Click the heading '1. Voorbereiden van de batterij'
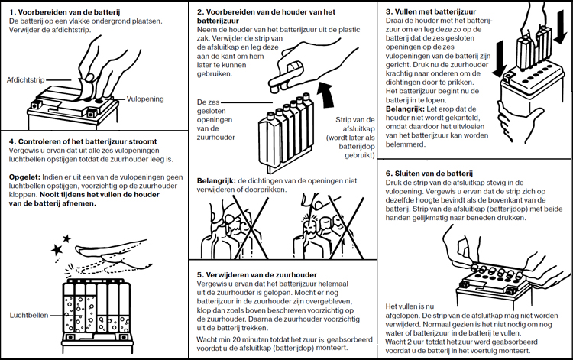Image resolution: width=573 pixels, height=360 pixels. point(60,11)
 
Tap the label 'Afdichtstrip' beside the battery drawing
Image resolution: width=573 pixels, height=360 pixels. point(25,79)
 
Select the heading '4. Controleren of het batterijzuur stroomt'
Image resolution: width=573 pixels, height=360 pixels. point(83,141)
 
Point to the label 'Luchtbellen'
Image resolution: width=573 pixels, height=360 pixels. point(29,315)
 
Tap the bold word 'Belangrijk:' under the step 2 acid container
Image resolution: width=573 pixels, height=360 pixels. point(216,180)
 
